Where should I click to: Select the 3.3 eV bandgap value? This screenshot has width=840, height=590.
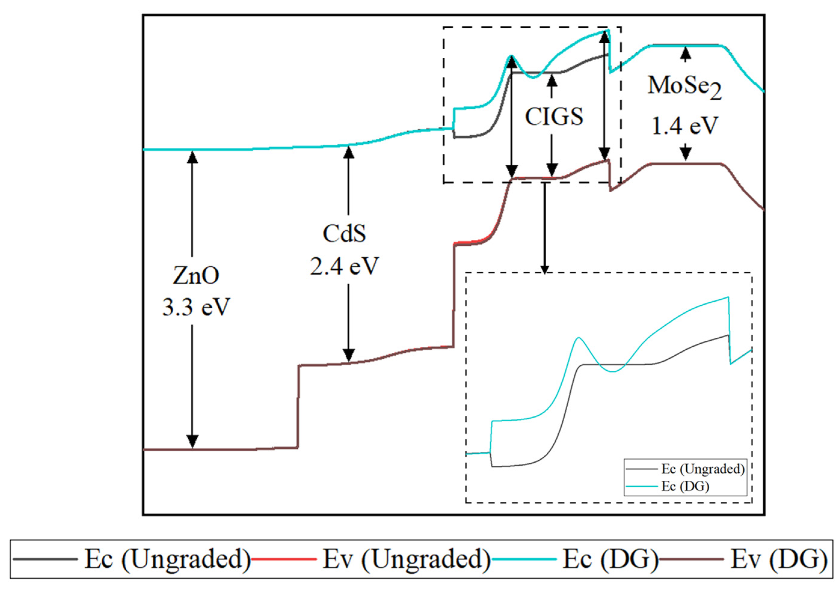pos(196,307)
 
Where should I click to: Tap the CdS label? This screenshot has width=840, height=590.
pos(344,234)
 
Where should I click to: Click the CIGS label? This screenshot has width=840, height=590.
pos(554,117)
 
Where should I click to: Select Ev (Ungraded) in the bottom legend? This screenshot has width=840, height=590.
pos(406,559)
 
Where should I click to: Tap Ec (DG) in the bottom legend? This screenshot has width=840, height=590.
pos(610,559)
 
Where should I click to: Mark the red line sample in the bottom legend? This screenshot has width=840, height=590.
pos(284,559)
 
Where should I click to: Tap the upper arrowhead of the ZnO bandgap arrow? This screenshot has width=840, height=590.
pos(192,157)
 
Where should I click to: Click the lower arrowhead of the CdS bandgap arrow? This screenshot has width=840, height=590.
pos(348,355)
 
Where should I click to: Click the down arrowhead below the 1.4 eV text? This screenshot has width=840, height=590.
pos(686,155)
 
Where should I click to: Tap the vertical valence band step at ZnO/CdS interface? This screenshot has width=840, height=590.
pos(298,406)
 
